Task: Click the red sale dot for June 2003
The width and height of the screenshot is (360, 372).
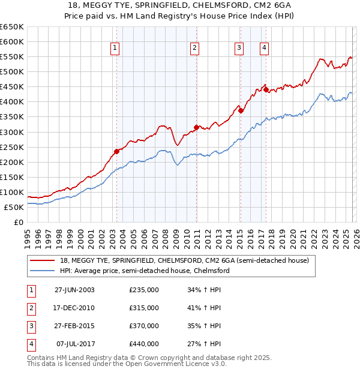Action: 117,151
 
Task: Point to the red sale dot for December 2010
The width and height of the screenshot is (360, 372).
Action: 196,127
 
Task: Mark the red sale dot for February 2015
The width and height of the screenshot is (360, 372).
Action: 241,110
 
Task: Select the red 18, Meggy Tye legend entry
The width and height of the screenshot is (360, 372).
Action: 184,260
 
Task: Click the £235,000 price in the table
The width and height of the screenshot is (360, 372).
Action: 144,290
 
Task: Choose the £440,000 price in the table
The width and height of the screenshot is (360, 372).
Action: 144,344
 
